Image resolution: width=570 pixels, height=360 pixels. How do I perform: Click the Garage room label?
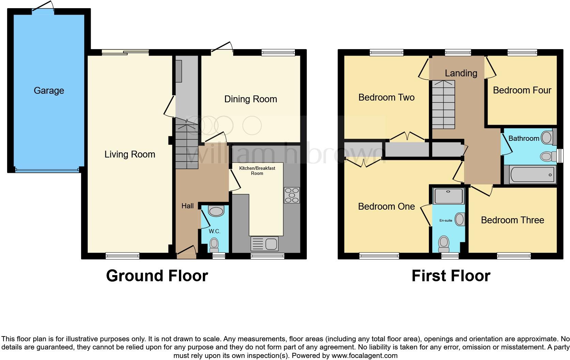[x=49, y=91]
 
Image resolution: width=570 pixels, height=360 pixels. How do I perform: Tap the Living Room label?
[x=130, y=154]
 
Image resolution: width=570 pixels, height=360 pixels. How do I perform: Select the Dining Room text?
[x=250, y=99]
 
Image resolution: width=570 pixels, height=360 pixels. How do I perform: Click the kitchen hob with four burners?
[x=292, y=195]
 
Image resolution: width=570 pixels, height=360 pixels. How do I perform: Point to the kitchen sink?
[x=265, y=244]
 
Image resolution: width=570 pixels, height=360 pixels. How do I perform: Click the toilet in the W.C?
[x=214, y=244]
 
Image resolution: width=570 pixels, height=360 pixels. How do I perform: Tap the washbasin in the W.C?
[x=215, y=211]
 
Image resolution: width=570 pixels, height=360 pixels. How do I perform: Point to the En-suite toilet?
[x=444, y=242]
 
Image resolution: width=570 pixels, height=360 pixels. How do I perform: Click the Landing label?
[x=461, y=73]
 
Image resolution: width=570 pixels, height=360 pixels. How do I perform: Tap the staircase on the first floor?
[x=443, y=104]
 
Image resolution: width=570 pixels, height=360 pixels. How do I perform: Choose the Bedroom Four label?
[x=522, y=90]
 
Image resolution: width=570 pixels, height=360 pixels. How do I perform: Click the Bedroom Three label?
[x=512, y=220]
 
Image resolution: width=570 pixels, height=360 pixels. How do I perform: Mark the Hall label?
[x=187, y=206]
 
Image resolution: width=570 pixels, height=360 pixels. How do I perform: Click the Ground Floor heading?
[x=157, y=276]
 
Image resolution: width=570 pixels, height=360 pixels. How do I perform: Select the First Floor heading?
[x=451, y=276]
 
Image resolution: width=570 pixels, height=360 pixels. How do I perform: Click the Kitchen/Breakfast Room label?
[x=257, y=171]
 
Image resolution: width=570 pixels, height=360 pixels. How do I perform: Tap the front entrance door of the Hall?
[x=186, y=253]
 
